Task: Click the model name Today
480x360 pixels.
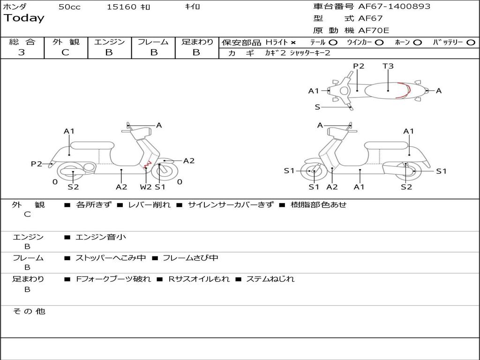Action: tap(24, 18)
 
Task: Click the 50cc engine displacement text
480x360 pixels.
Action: tap(69, 7)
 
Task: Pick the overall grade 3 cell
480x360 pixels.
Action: tap(22, 52)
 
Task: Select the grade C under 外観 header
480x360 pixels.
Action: tap(66, 52)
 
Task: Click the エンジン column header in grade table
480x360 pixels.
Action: tap(109, 42)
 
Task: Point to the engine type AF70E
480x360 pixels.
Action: tap(374, 31)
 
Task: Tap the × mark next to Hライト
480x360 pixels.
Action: tap(293, 43)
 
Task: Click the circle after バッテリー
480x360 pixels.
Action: tap(471, 42)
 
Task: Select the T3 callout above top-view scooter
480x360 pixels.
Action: tap(388, 66)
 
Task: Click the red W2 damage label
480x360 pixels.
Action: tap(146, 187)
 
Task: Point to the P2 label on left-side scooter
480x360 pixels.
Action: tap(37, 164)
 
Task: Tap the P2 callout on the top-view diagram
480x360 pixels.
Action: tap(359, 66)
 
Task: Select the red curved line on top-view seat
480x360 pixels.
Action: tap(404, 90)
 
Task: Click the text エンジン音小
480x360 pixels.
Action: tap(101, 237)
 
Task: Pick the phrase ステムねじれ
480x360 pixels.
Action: tap(270, 279)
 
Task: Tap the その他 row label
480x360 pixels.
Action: tap(29, 311)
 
